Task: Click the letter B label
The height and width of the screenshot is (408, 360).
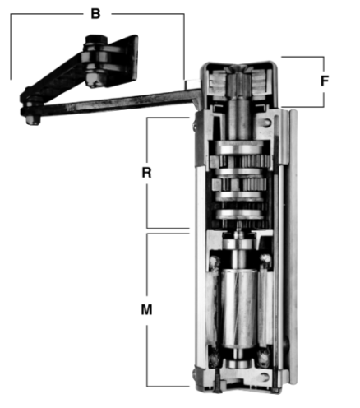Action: point(95,14)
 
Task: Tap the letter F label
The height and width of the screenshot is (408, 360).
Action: point(325,81)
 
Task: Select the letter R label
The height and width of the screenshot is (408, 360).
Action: point(146,173)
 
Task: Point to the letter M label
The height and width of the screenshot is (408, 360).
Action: point(146,310)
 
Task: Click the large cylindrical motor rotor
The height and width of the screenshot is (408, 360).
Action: point(239,308)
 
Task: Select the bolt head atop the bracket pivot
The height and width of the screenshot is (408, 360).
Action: point(95,39)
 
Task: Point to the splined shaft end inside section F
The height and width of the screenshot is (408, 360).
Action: point(239,82)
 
